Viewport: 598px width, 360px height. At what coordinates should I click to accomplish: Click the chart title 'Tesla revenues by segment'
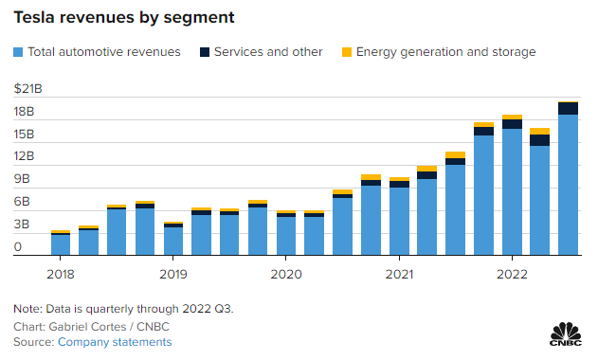pos(124,18)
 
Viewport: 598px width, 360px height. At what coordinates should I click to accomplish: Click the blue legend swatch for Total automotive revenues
pos(18,52)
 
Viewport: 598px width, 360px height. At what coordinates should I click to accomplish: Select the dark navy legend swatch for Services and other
pos(205,52)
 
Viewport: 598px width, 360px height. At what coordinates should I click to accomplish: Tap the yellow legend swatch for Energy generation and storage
pos(347,52)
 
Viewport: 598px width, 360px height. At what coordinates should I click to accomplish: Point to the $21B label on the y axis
pos(27,88)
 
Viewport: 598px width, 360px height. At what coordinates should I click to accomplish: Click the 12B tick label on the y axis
pos(24,156)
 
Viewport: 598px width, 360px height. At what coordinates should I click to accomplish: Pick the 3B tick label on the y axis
pos(22,224)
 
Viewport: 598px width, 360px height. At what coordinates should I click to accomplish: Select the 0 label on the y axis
pos(18,246)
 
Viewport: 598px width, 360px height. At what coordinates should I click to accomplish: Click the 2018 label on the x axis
pos(61,274)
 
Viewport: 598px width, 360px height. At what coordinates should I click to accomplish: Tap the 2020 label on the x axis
pos(286,274)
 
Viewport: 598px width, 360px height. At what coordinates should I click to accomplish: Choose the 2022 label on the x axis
pos(512,274)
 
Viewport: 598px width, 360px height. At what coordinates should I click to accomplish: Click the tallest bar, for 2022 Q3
pos(568,178)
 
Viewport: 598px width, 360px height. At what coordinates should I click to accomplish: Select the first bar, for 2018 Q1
pos(61,243)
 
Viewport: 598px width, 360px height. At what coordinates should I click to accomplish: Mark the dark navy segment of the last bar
pos(568,108)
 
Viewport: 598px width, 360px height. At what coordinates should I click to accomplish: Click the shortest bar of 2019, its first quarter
pos(173,239)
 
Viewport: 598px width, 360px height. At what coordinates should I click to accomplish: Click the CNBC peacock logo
pos(566,334)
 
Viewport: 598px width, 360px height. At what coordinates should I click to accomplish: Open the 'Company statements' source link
pos(115,342)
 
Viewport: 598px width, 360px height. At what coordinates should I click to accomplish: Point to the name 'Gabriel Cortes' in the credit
pos(87,327)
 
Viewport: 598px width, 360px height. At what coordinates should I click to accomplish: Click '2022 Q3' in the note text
pos(207,309)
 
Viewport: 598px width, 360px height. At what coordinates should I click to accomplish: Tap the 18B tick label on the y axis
pos(24,112)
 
